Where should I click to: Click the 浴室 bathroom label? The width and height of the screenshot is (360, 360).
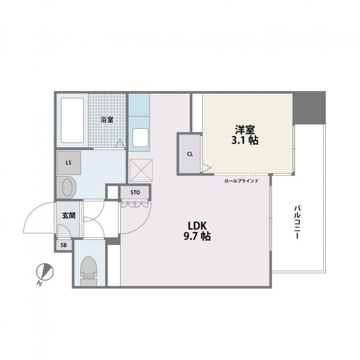pos(107,120)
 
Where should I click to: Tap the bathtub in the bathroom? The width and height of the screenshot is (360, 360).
pos(72,120)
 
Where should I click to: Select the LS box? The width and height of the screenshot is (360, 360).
pos(69,163)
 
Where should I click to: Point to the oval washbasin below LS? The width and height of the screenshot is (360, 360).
pos(67,187)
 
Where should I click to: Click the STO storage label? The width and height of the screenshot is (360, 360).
pos(135,193)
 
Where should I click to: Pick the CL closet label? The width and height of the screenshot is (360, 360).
pos(190,154)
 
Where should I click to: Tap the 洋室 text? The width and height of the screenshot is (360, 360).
pos(245,130)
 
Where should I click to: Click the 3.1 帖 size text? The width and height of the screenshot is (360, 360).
pos(245,140)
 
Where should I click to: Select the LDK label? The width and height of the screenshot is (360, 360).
pos(197,226)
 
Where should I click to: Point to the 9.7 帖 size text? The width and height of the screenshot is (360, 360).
pos(197,236)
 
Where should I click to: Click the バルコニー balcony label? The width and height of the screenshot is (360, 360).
pos(297,222)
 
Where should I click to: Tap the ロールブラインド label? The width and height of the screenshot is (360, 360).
pos(242,181)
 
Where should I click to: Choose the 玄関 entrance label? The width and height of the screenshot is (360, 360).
pos(69,216)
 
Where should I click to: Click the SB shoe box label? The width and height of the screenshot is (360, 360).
pos(63,245)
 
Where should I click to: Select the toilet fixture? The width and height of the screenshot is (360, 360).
pos(89,271)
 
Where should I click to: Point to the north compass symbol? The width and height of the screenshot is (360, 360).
pos(45,272)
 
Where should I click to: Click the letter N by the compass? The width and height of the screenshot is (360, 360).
pos(40,283)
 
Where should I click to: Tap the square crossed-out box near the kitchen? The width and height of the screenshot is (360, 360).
pos(141,171)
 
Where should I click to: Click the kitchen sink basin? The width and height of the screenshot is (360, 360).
pos(140,138)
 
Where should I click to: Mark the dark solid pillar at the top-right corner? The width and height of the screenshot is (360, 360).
pos(309,108)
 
